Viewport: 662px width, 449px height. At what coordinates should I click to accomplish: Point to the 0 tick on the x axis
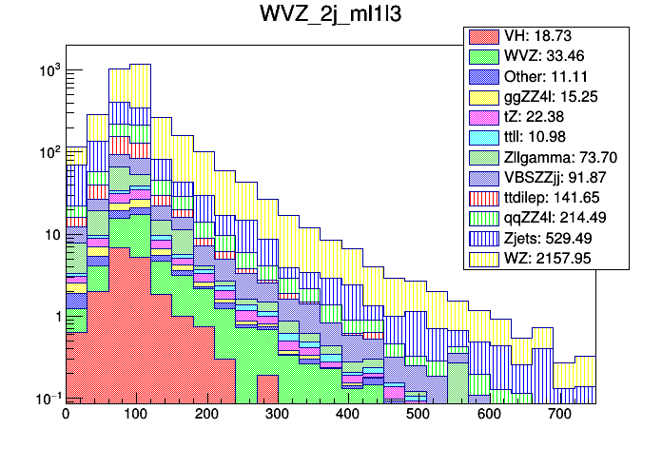(x=65, y=415)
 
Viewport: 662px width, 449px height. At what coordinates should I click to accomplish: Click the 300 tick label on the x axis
(x=277, y=415)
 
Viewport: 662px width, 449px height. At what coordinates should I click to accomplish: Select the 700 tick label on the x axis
(x=559, y=415)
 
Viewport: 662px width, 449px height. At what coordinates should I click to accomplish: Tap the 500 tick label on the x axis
(x=418, y=415)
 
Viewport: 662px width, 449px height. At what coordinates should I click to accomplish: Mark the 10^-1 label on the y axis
(x=48, y=399)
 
